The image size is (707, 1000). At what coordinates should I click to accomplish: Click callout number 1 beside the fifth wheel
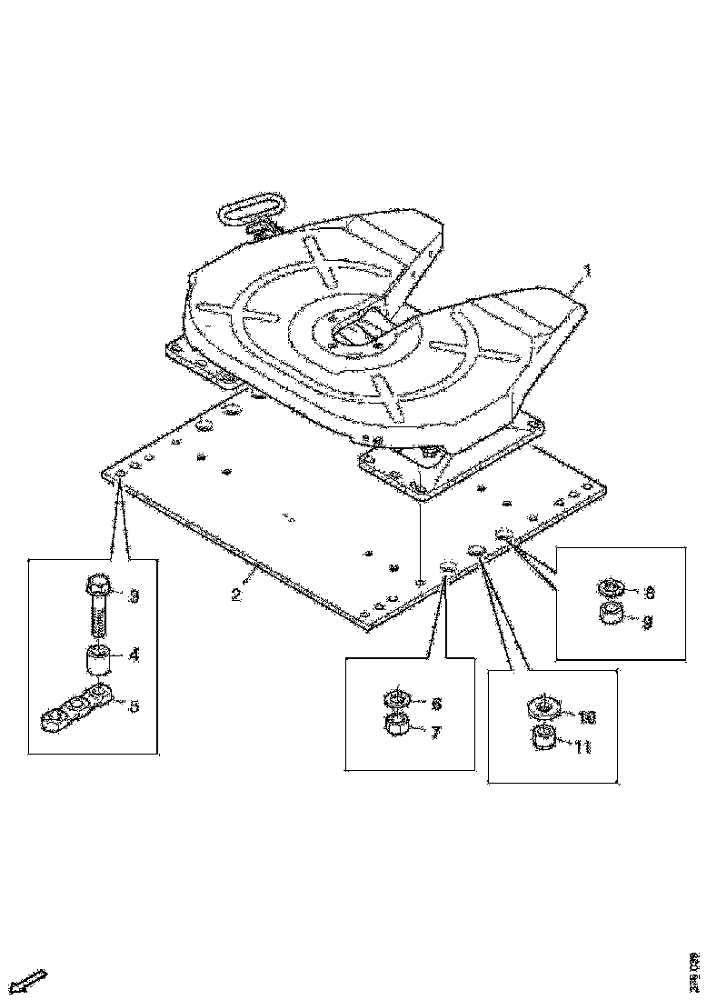(587, 270)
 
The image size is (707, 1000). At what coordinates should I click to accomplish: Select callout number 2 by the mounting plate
(235, 595)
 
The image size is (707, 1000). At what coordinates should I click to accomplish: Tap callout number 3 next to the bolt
(133, 596)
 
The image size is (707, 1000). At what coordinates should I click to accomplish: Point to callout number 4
(133, 654)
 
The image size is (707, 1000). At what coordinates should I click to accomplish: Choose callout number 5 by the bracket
(134, 705)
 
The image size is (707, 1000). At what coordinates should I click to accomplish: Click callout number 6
(435, 703)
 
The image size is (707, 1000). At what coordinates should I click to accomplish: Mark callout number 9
(648, 623)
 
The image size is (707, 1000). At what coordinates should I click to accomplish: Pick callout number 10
(586, 717)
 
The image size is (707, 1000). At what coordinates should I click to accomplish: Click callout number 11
(583, 746)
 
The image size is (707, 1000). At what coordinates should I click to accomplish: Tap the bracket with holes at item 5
(78, 708)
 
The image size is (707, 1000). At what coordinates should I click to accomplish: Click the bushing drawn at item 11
(543, 740)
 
